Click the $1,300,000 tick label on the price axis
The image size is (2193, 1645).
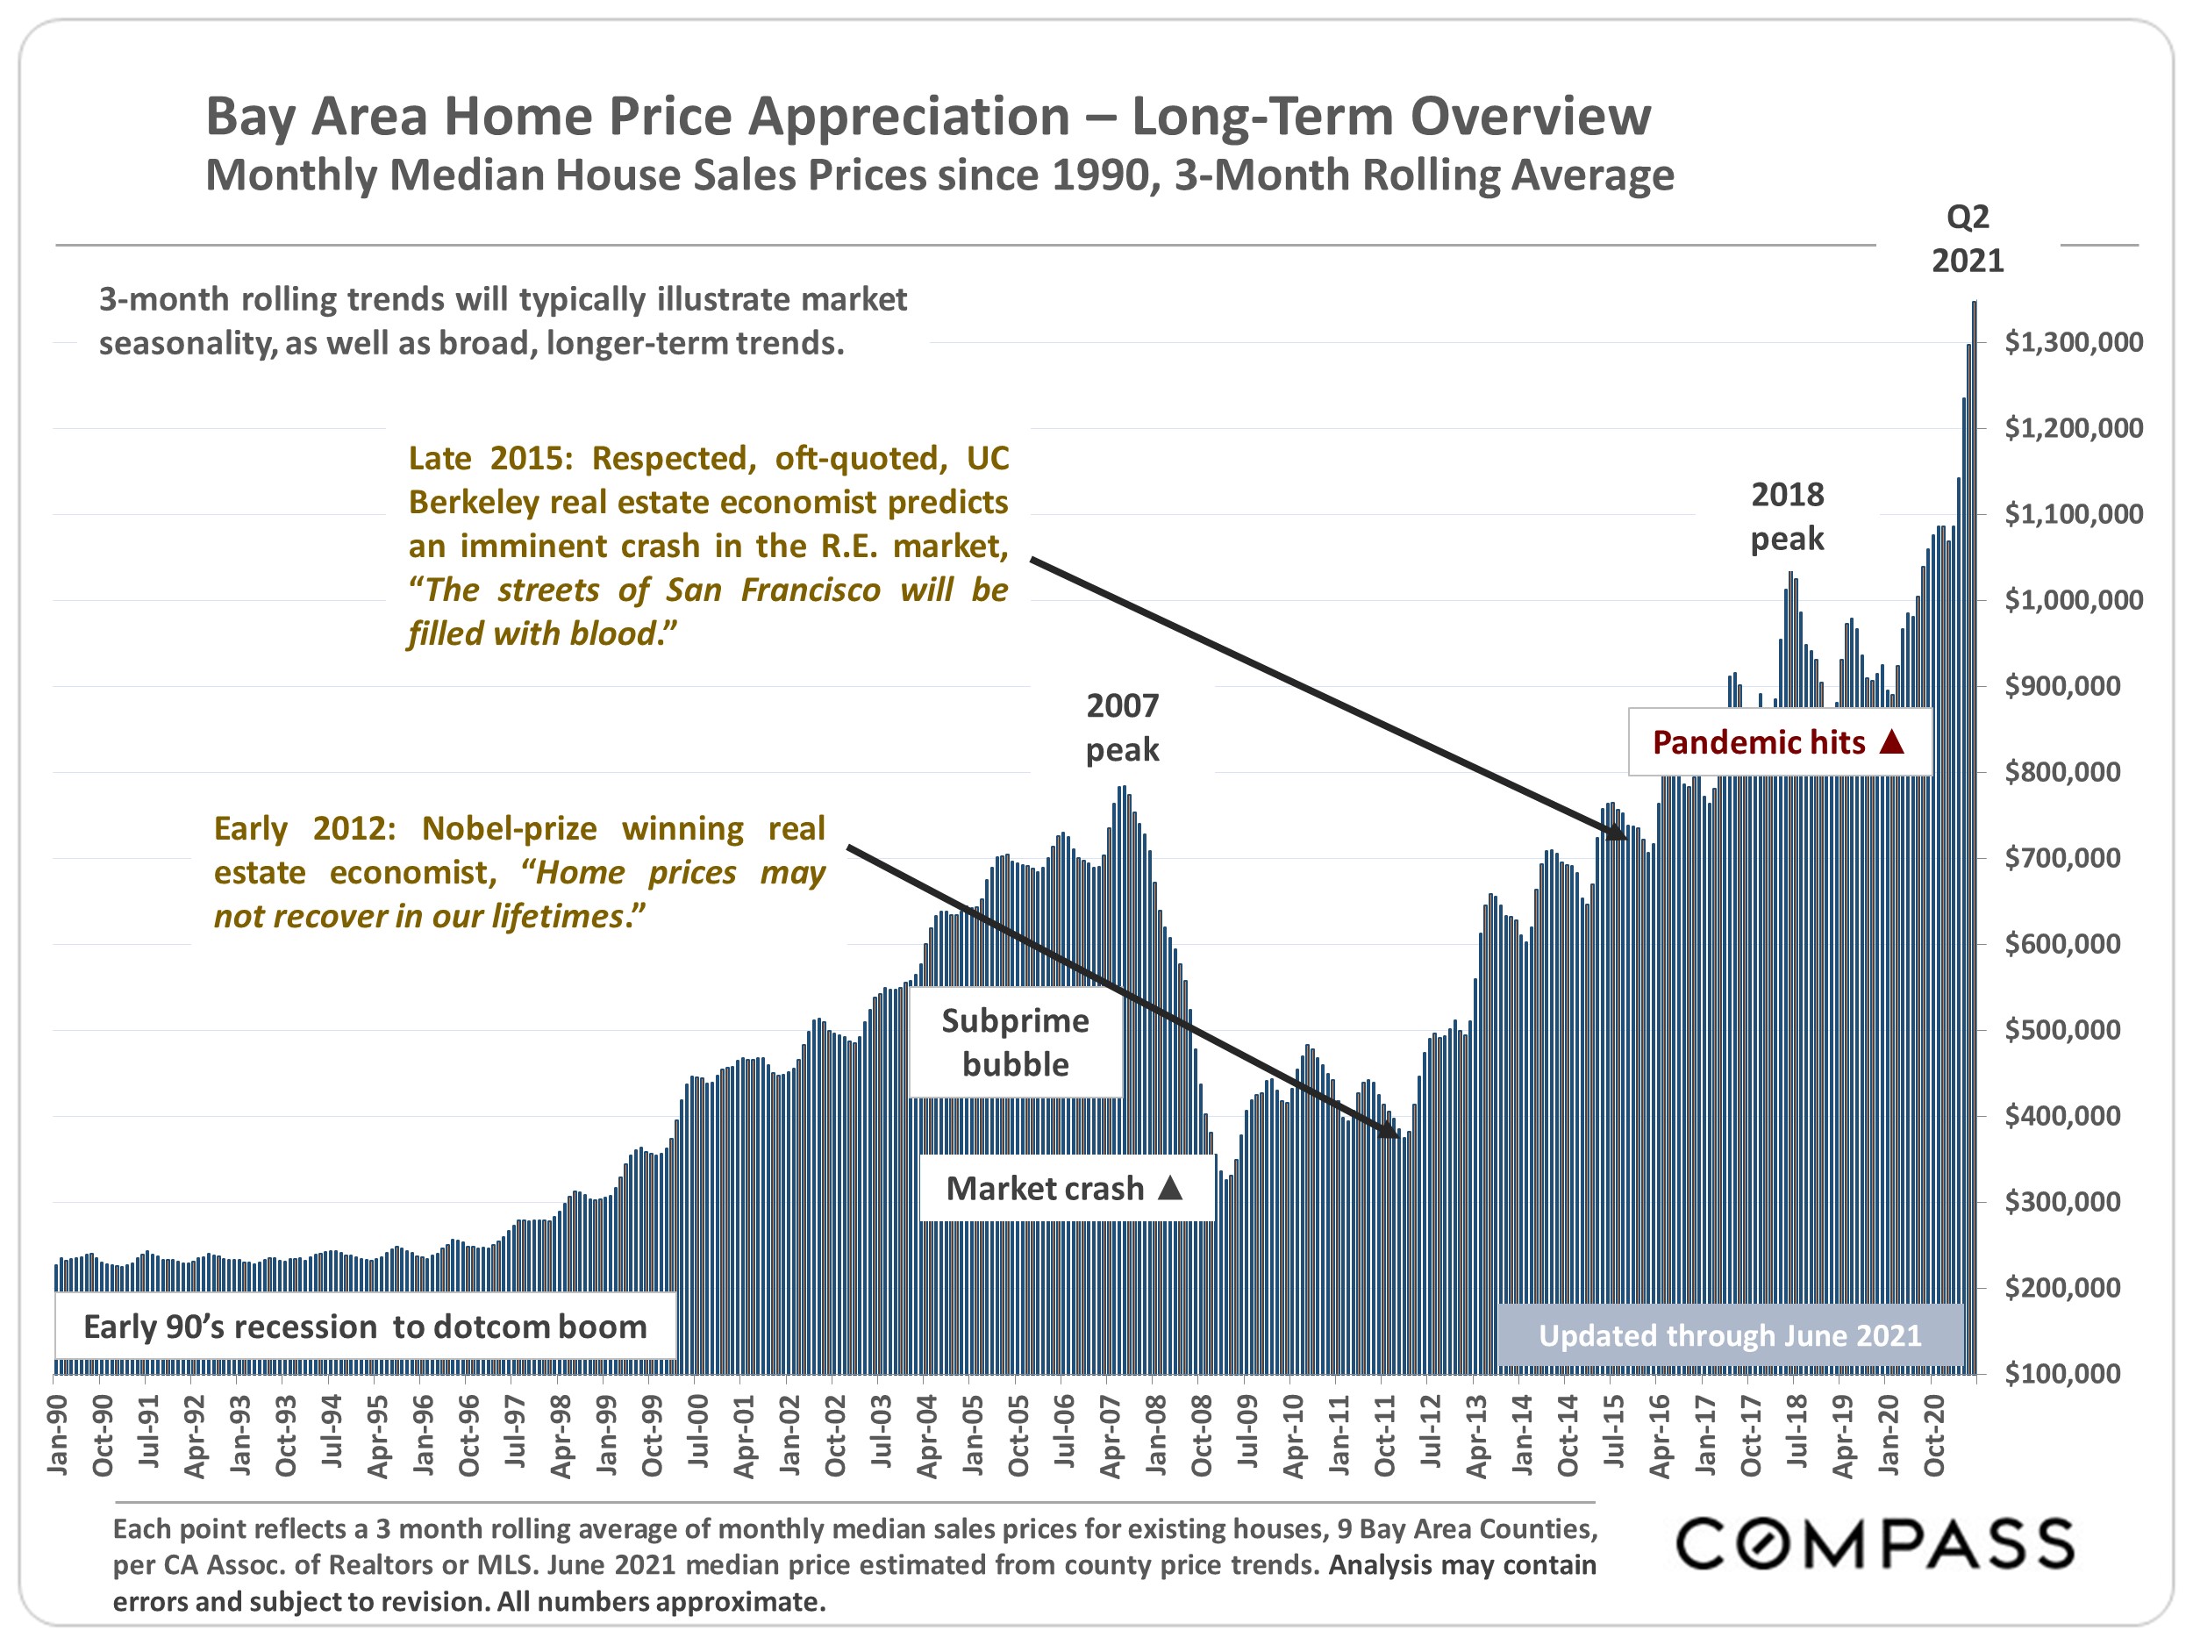point(2073,342)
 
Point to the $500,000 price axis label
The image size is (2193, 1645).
point(2062,1029)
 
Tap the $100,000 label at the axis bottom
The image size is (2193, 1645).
point(2062,1373)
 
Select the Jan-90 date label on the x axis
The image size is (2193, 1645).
point(58,1434)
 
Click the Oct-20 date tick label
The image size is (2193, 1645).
point(1934,1434)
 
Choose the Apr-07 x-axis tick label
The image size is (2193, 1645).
point(1111,1434)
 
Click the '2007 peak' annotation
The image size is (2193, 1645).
point(1122,726)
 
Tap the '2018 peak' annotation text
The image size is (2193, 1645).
point(1787,516)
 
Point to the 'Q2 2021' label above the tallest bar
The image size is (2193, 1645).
point(1967,239)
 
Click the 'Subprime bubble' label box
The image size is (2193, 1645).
point(1015,1042)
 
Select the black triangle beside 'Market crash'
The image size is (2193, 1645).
point(1171,1187)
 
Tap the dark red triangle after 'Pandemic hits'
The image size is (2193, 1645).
point(1891,740)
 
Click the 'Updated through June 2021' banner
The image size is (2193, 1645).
point(1729,1334)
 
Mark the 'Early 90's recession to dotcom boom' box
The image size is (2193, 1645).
point(365,1326)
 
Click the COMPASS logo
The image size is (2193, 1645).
point(1875,1544)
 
